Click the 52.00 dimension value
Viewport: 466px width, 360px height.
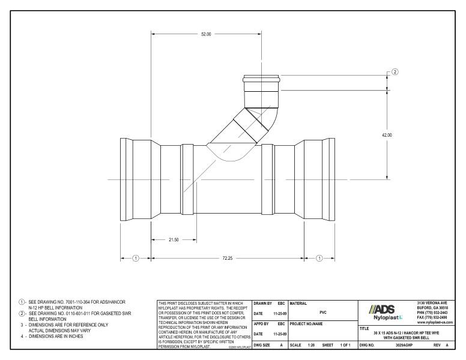pyautogui.click(x=205, y=34)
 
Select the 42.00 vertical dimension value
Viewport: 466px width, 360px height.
pyautogui.click(x=387, y=135)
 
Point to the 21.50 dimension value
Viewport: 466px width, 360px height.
pyautogui.click(x=174, y=239)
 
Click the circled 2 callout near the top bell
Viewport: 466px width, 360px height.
pyautogui.click(x=395, y=73)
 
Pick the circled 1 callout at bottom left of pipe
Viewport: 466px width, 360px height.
pyautogui.click(x=136, y=258)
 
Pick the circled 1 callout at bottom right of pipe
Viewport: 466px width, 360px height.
pyautogui.click(x=319, y=258)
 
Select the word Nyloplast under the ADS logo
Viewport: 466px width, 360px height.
pyautogui.click(x=385, y=317)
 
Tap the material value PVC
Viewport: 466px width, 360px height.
pyautogui.click(x=323, y=312)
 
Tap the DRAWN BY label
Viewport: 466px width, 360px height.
pyautogui.click(x=264, y=304)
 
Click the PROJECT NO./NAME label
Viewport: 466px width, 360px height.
pyautogui.click(x=306, y=325)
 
